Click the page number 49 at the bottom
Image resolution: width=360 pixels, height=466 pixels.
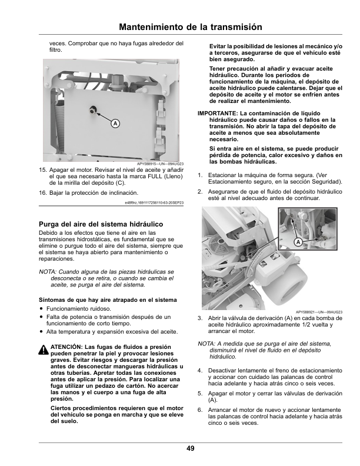[191, 448]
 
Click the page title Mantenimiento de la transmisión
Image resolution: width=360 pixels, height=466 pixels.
[191, 27]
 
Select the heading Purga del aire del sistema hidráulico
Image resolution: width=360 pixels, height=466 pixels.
[101, 224]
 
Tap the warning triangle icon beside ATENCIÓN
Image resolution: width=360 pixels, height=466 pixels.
[44, 350]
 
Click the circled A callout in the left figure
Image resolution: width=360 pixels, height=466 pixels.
[115, 124]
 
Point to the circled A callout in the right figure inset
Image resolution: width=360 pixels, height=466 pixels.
[298, 242]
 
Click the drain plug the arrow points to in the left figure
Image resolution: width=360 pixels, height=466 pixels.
[92, 110]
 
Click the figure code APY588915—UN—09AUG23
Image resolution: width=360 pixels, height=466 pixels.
[161, 164]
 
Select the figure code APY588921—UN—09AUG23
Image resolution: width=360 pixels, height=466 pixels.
[319, 312]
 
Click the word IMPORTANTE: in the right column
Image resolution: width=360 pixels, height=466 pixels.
[218, 113]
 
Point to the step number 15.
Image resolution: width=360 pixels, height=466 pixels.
[43, 170]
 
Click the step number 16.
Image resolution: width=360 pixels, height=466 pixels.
[43, 193]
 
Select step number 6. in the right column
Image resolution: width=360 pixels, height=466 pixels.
[200, 410]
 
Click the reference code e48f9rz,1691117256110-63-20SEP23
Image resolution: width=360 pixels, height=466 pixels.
[154, 202]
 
